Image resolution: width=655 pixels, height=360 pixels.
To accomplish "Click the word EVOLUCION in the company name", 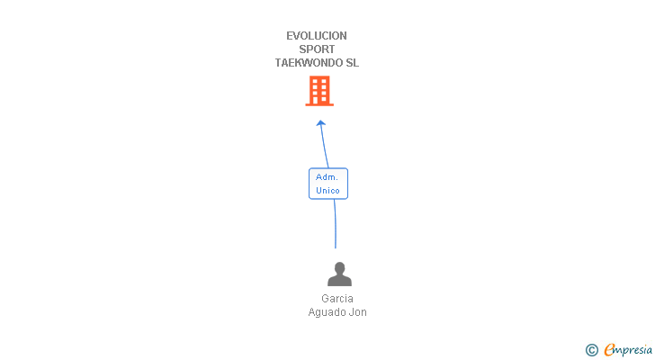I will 317,36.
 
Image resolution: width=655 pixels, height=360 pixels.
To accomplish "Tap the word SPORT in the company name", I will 317,49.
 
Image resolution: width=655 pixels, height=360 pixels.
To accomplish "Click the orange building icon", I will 319,91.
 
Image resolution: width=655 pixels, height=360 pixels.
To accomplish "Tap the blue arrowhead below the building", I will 320,123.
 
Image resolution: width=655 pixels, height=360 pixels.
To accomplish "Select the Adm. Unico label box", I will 328,184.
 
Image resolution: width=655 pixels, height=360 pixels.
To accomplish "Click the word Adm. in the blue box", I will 327,177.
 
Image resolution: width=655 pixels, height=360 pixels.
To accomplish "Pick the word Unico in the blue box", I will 327,191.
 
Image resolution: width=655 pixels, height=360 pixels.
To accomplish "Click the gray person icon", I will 339,274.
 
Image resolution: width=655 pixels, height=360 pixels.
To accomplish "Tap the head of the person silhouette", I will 339,268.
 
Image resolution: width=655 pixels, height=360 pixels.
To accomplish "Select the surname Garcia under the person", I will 337,299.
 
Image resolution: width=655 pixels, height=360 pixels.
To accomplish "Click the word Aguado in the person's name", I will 326,312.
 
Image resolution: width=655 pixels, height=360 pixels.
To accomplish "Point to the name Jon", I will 358,312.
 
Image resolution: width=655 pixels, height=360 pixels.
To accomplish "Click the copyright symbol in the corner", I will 591,350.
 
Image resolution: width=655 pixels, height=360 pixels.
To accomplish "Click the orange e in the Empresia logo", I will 610,350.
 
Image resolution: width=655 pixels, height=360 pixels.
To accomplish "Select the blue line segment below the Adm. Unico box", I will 336,225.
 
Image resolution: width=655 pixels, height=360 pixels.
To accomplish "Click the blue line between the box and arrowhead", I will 324,148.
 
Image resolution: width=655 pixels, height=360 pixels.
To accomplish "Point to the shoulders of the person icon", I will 339,281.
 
